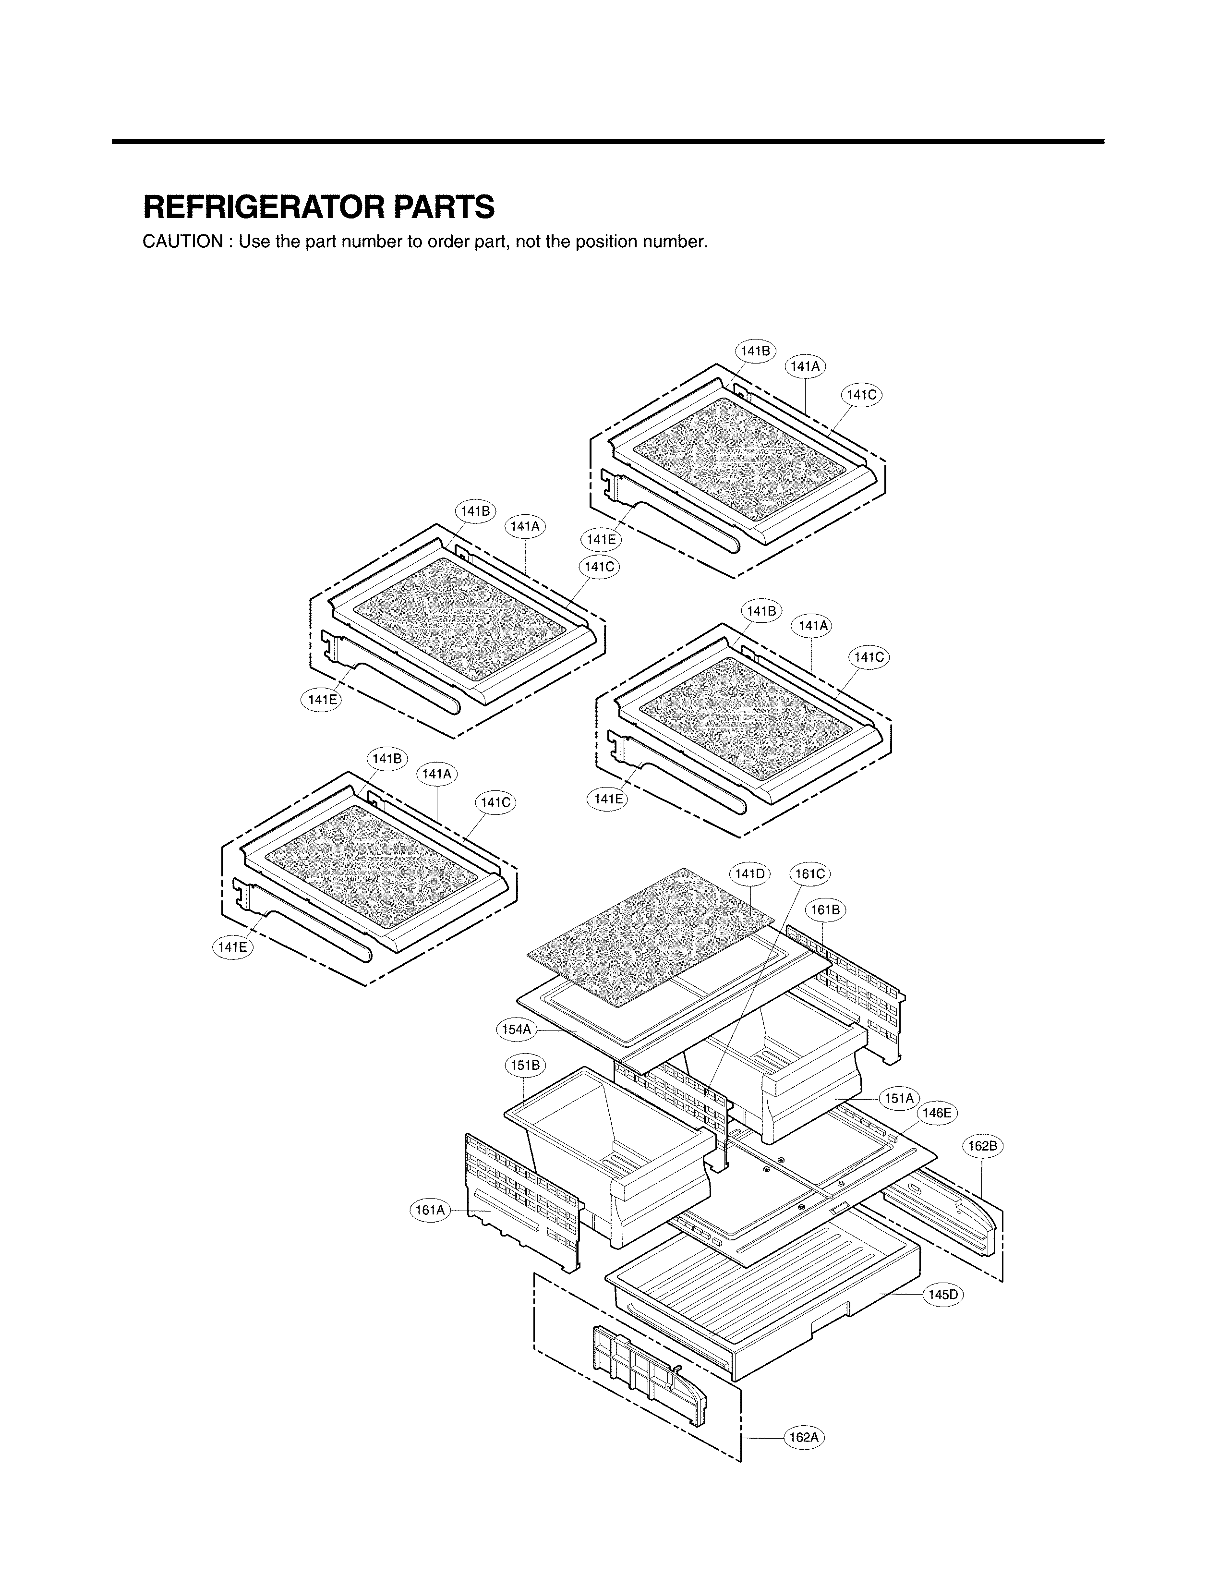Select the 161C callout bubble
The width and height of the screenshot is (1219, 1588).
pyautogui.click(x=810, y=874)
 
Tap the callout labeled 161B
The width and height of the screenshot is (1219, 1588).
pyautogui.click(x=825, y=910)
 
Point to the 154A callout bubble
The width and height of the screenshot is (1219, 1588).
pyautogui.click(x=517, y=1029)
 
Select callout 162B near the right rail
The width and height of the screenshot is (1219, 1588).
pyautogui.click(x=983, y=1146)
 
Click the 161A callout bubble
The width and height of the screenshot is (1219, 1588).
pyautogui.click(x=429, y=1210)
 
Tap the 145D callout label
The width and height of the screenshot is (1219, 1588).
pyautogui.click(x=943, y=1294)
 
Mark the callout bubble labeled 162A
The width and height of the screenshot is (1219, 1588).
pyautogui.click(x=804, y=1437)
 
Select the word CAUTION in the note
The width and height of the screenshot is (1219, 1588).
pyautogui.click(x=183, y=242)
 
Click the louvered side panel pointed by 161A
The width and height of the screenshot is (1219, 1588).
pyautogui.click(x=522, y=1201)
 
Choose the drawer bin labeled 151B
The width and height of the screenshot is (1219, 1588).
pyautogui.click(x=610, y=1154)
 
